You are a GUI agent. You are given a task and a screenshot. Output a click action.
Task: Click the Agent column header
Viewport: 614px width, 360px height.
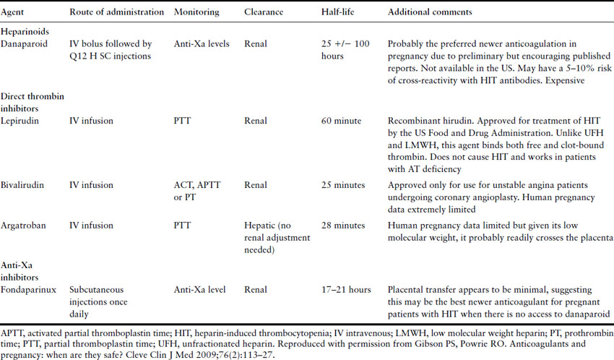(x=15, y=13)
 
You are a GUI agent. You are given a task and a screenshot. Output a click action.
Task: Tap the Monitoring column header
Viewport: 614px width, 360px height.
(x=197, y=13)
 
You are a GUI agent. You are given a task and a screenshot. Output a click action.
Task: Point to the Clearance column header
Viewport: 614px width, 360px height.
(x=264, y=13)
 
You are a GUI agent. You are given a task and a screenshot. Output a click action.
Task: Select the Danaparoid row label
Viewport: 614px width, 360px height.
(x=24, y=44)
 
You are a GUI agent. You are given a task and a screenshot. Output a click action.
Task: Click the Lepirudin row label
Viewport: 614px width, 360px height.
(x=21, y=121)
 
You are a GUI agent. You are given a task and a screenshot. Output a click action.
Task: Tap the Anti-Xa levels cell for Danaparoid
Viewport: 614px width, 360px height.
(x=202, y=44)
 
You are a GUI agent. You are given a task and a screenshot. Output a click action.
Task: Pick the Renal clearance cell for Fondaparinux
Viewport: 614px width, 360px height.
(x=256, y=290)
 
